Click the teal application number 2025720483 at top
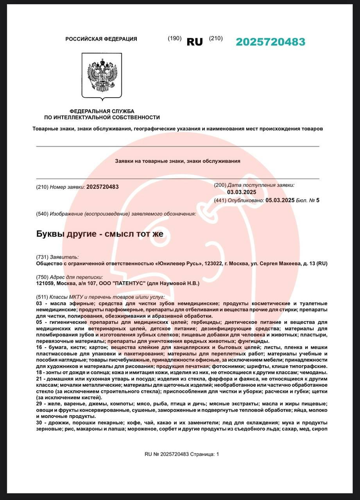pyautogui.click(x=270, y=42)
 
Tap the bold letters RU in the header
pyautogui.click(x=195, y=42)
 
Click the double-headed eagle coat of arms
pyautogui.click(x=102, y=76)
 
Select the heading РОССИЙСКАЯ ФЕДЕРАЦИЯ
pyautogui.click(x=101, y=39)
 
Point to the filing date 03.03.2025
pyautogui.click(x=242, y=192)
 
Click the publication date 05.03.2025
pyautogui.click(x=280, y=200)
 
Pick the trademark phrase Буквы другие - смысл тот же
pyautogui.click(x=99, y=234)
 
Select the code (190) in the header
pyautogui.click(x=175, y=38)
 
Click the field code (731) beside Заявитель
pyautogui.click(x=42, y=257)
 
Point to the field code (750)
pyautogui.click(x=42, y=277)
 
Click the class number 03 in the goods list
pyautogui.click(x=39, y=304)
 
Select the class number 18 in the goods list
pyautogui.click(x=39, y=373)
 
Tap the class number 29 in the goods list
pyautogui.click(x=39, y=403)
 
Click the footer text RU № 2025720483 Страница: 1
pyautogui.click(x=182, y=454)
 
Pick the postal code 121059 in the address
pyautogui.click(x=45, y=283)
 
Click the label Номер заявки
pyautogui.click(x=67, y=187)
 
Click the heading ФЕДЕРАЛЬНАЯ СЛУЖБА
pyautogui.click(x=102, y=111)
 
